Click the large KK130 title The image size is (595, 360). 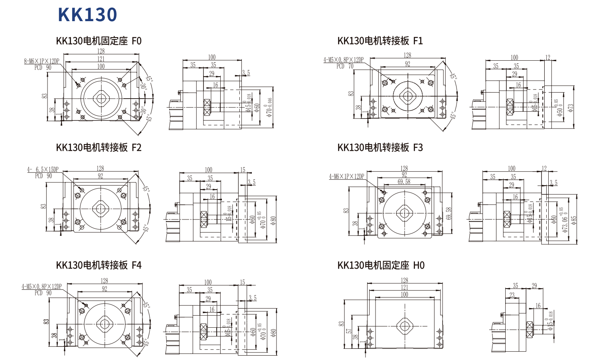[87, 15]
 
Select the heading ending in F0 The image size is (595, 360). [99, 41]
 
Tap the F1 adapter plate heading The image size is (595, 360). [380, 41]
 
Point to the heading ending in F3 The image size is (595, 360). [380, 147]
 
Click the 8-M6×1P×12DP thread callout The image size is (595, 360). [42, 61]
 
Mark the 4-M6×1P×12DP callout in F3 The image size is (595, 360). [346, 176]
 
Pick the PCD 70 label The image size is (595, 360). [345, 66]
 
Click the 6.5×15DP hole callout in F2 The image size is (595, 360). [43, 170]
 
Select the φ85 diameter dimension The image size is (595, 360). [574, 220]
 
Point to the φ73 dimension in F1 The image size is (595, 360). [571, 108]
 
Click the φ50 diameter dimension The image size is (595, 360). [560, 108]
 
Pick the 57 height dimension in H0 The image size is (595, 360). [349, 331]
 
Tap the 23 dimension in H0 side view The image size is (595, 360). [512, 295]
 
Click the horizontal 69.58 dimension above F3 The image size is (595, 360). [404, 182]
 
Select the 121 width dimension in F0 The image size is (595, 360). [101, 59]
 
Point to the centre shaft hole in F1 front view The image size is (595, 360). [407, 96]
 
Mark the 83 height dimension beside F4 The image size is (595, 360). [46, 321]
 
